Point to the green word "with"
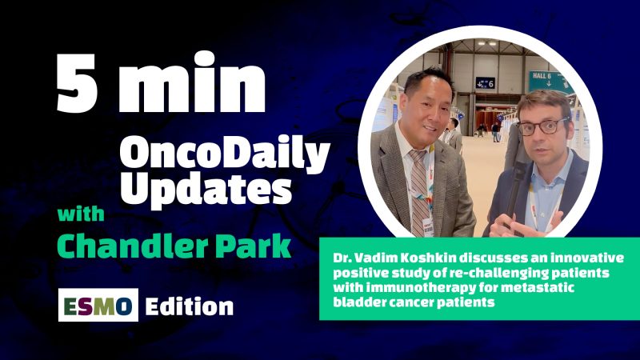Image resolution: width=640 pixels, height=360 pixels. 86,217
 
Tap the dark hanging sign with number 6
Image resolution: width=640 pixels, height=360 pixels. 485,82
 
